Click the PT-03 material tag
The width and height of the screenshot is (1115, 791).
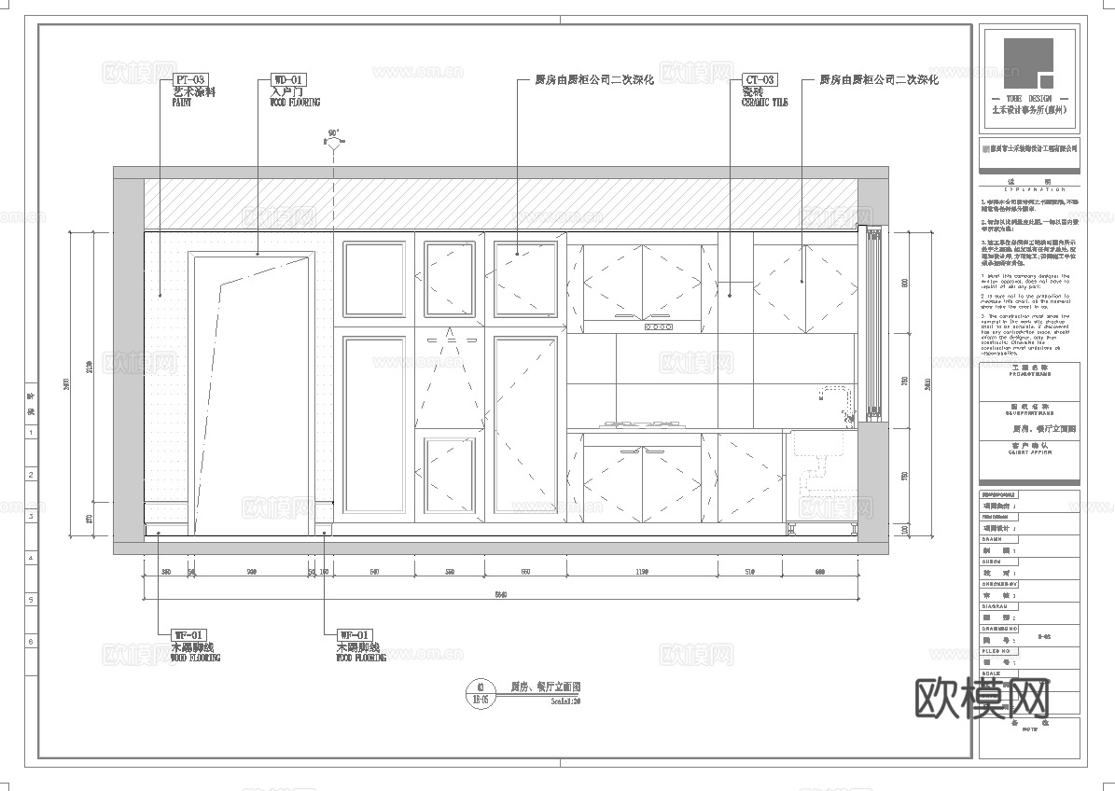click(190, 80)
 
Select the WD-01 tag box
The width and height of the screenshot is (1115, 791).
click(287, 80)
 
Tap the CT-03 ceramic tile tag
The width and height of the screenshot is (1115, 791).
click(760, 80)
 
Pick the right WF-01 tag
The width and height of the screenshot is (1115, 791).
click(355, 635)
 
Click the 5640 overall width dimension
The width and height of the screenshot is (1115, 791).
click(501, 595)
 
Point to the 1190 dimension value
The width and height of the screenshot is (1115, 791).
click(641, 571)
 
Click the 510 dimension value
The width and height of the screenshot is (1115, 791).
click(749, 571)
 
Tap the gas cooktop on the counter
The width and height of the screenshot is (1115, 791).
click(641, 425)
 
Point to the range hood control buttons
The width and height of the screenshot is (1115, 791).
click(658, 326)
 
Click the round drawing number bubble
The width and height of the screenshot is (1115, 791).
click(481, 691)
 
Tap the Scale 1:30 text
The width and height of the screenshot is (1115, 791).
click(565, 701)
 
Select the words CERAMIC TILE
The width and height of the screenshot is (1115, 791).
click(764, 103)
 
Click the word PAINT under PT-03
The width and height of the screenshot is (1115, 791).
click(182, 103)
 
